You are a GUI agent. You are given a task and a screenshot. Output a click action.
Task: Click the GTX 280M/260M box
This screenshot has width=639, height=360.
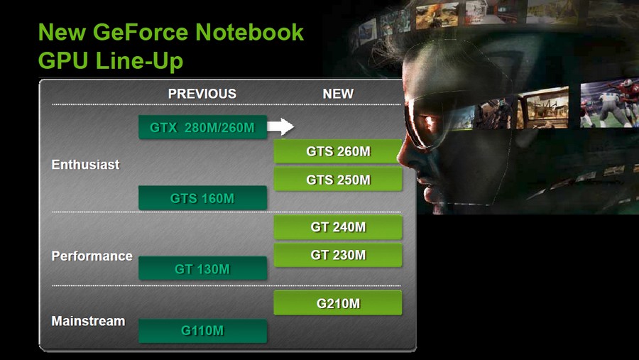[202, 127]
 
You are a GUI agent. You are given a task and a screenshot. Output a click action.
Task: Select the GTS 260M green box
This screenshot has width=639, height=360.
[338, 151]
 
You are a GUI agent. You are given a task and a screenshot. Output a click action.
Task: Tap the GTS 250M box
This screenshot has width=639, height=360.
[338, 180]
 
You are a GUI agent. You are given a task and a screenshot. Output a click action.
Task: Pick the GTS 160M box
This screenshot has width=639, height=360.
[202, 198]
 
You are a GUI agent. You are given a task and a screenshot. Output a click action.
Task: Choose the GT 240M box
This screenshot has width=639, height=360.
[338, 227]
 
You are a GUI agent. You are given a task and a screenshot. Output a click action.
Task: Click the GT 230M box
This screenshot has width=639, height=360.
[338, 255]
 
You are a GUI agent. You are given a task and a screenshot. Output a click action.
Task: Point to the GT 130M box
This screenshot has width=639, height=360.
[202, 268]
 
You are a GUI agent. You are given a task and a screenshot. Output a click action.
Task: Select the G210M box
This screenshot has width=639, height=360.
[338, 303]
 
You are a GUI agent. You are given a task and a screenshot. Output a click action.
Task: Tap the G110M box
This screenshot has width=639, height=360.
[202, 331]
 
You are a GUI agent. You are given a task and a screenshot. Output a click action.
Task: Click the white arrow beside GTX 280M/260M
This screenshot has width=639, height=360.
[280, 126]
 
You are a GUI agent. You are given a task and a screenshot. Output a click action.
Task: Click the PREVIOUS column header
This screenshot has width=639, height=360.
[202, 94]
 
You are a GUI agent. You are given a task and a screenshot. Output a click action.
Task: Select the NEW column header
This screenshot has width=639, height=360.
[338, 94]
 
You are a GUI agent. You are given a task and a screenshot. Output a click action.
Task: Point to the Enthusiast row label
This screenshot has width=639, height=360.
[86, 164]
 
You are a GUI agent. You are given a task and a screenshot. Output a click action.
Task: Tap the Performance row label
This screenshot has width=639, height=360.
[92, 256]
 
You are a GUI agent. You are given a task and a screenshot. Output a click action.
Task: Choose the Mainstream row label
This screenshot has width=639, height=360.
[89, 321]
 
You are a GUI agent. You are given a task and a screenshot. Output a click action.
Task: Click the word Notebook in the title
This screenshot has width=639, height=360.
[249, 32]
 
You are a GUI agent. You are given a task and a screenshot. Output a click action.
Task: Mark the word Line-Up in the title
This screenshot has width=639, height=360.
[139, 61]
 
